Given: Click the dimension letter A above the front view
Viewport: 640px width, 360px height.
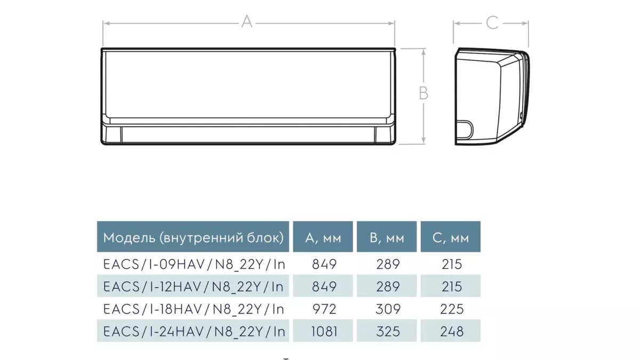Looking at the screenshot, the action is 247,22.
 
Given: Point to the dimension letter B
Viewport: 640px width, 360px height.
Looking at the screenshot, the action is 423,93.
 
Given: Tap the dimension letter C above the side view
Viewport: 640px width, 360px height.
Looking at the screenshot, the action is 492,22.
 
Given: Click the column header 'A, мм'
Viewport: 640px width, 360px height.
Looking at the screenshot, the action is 323,238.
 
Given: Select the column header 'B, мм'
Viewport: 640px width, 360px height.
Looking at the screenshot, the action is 387,238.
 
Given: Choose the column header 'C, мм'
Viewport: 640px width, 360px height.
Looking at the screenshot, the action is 451,238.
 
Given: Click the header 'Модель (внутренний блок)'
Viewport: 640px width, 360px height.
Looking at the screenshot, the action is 193,238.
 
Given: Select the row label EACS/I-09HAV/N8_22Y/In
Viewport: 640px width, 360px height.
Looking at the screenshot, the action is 194,265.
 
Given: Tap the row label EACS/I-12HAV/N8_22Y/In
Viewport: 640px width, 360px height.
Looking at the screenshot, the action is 194,286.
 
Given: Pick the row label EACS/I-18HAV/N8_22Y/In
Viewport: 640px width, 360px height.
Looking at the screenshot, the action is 194,309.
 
